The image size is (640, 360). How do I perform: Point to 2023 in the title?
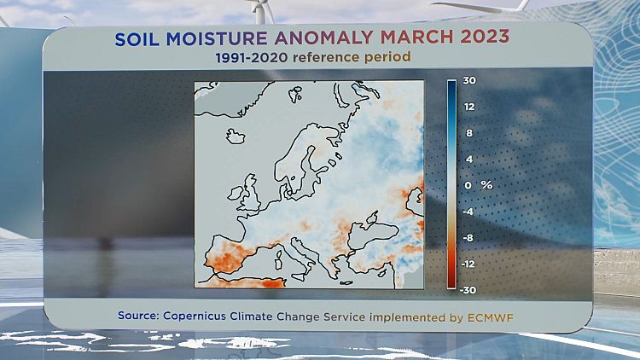[x=483, y=38]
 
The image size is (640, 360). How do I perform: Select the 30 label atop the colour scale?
[x=469, y=81]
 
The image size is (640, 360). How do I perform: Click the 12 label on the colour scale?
[x=469, y=107]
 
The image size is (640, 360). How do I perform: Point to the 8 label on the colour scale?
[x=468, y=133]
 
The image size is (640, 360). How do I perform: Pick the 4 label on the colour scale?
[x=468, y=160]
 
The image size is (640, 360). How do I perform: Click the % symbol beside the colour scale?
[x=487, y=185]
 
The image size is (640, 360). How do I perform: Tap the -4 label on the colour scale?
[x=468, y=212]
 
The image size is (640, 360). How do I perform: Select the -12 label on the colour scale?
[x=469, y=264]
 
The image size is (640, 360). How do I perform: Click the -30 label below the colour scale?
[x=469, y=290]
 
